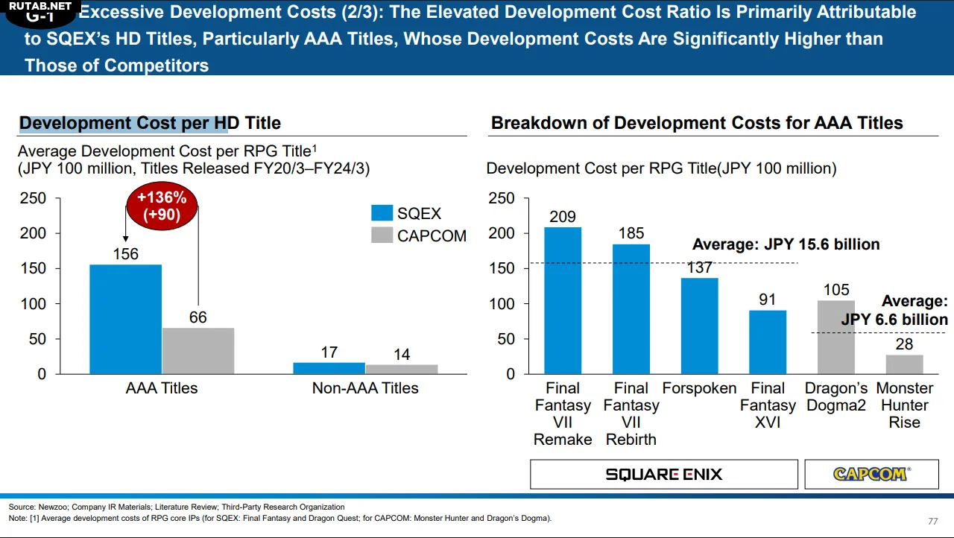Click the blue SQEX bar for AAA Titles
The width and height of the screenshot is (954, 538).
[x=125, y=319]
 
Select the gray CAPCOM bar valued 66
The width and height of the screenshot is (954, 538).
[x=198, y=350]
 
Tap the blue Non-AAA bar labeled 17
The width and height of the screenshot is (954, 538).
[x=329, y=368]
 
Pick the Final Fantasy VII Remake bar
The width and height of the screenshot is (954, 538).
[x=563, y=300]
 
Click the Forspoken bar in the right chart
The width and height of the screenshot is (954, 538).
[x=699, y=326]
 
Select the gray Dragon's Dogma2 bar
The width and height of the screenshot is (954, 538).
[x=836, y=337]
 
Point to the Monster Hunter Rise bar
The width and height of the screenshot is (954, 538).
[x=904, y=364]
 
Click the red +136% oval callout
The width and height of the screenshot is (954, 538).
[x=162, y=206]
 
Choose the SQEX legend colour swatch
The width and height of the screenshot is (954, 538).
[x=382, y=213]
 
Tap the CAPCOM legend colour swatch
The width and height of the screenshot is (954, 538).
[x=382, y=235]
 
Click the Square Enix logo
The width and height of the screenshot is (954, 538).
[x=663, y=474]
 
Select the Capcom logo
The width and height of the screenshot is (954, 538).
[x=871, y=474]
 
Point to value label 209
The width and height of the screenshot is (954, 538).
[x=563, y=217]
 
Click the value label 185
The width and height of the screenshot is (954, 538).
[x=631, y=234]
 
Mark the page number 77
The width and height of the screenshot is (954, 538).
[x=932, y=521]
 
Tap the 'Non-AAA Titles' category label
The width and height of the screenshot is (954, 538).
[x=365, y=388]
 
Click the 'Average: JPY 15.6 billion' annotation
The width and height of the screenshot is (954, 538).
[x=786, y=244]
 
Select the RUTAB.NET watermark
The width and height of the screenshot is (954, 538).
[x=41, y=7]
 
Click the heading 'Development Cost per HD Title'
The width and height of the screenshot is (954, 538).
[x=150, y=123]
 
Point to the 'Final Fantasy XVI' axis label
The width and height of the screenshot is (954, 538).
[x=768, y=405]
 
